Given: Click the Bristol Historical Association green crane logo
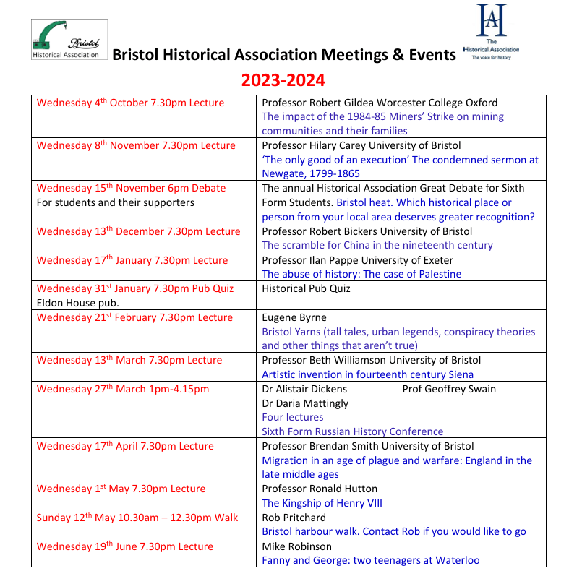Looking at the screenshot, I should [69, 39].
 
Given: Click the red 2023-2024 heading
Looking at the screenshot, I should [283, 80].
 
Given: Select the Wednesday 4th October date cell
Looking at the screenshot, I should [130, 103].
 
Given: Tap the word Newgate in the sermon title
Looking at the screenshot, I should [285, 173].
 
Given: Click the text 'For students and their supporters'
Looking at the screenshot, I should [116, 202].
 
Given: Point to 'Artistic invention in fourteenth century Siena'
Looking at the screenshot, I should [367, 374].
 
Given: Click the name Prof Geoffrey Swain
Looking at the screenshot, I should [449, 389].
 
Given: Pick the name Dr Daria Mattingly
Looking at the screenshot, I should [305, 403].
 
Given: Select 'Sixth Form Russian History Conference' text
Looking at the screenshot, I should [352, 431].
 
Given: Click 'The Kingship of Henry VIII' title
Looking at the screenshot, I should [322, 503].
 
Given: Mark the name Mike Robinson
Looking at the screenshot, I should [296, 546].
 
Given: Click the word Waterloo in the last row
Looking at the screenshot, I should [456, 560].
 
